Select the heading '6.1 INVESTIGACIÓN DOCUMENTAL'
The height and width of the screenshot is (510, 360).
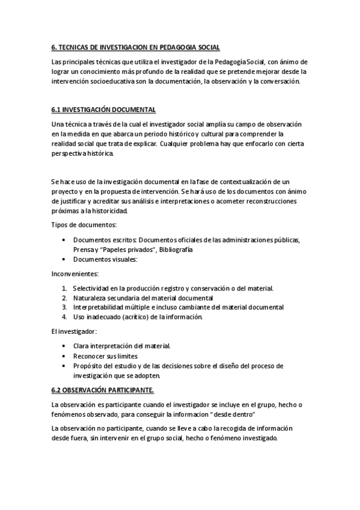coord(104,109)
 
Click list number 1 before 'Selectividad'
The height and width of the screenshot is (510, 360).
coord(64,288)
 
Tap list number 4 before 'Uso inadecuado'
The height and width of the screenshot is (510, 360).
coord(64,316)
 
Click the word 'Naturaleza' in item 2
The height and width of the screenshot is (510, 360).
coord(91,298)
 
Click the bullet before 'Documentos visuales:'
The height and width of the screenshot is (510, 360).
coord(64,259)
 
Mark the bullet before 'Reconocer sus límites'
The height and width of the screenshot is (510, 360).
coord(64,355)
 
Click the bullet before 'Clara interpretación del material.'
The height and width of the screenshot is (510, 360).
coord(64,346)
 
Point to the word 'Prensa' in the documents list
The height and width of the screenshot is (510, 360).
coord(83,249)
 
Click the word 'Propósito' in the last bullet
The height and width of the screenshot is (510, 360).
coord(88,365)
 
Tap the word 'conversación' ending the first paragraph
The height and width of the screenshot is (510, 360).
coord(279,81)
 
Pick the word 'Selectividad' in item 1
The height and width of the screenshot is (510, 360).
coord(92,288)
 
